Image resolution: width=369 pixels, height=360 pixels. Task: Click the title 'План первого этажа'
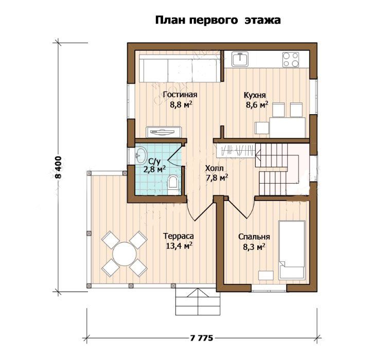pyautogui.click(x=218, y=21)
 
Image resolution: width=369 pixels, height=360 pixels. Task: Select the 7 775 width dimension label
pyautogui.click(x=201, y=338)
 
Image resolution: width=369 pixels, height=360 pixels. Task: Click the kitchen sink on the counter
pyautogui.click(x=240, y=59)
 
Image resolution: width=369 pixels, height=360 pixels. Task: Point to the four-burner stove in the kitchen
pyautogui.click(x=291, y=59)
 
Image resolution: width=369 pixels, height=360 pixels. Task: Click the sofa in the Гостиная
pyautogui.click(x=180, y=68)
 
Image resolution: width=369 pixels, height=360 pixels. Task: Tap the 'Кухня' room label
pyautogui.click(x=255, y=95)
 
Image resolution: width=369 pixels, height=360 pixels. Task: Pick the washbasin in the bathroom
pyautogui.click(x=140, y=155)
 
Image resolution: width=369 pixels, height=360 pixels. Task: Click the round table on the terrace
pyautogui.click(x=124, y=254)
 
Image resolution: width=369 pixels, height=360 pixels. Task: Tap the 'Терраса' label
pyautogui.click(x=179, y=236)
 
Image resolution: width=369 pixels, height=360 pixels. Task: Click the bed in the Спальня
pyautogui.click(x=292, y=250)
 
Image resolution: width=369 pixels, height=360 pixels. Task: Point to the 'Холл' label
pyautogui.click(x=215, y=168)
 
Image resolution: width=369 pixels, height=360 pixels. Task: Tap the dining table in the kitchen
pyautogui.click(x=287, y=127)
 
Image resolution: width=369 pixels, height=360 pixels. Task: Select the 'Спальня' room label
pyautogui.click(x=254, y=237)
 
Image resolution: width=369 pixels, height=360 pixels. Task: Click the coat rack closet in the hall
pyautogui.click(x=236, y=151)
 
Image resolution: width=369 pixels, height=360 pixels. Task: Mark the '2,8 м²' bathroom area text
pyautogui.click(x=154, y=169)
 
